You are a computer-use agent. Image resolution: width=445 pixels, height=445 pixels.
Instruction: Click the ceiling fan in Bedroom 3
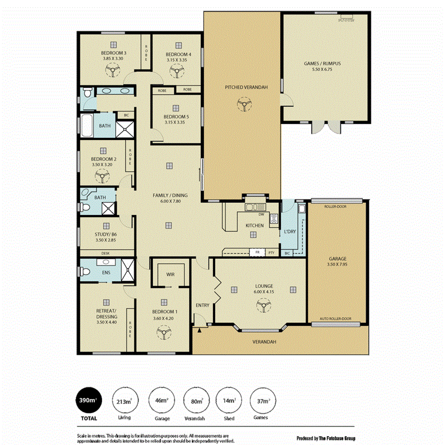coord(113,72)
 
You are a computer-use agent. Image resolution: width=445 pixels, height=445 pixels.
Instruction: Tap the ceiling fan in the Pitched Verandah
coord(242,105)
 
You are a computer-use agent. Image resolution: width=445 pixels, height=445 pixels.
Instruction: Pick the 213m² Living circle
coord(125,400)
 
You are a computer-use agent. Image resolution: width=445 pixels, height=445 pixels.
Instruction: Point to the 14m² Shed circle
coord(228,400)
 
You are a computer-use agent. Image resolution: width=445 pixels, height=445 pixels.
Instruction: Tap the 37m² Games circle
coord(262,400)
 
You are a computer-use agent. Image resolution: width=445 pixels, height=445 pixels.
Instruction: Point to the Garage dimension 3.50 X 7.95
coord(338,265)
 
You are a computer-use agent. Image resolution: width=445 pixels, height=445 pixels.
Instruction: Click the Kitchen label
coord(255,225)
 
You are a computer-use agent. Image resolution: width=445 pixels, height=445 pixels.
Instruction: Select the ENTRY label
coord(202,305)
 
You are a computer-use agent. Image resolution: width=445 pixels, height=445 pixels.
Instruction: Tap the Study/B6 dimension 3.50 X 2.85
coord(106,241)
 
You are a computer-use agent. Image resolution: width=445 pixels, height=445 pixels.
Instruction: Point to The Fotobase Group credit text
coord(326,438)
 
